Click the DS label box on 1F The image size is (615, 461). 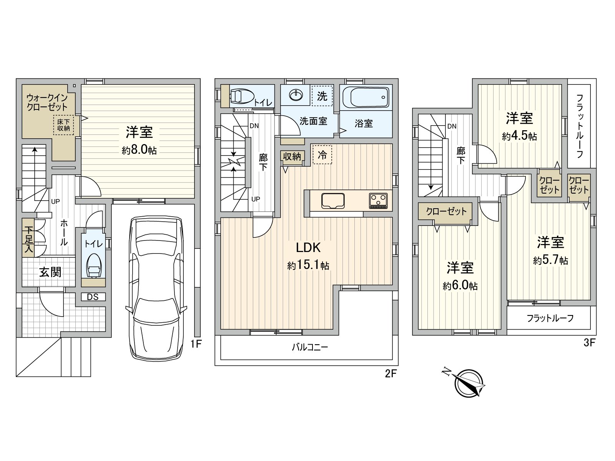(93, 297)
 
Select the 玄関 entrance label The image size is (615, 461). (50, 272)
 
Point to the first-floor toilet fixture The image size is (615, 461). (93, 265)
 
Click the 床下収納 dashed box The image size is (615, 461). (63, 125)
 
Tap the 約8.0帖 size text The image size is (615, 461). (139, 150)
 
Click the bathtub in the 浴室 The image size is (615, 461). (366, 98)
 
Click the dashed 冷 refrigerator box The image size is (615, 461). (322, 154)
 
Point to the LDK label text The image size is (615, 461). (308, 247)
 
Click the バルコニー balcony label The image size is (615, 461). (309, 348)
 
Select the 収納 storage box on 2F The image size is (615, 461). (292, 157)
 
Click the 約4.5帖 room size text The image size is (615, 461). (519, 136)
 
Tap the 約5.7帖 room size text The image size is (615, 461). (550, 260)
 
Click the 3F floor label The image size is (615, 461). (589, 343)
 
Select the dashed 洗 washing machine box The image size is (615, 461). (322, 96)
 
